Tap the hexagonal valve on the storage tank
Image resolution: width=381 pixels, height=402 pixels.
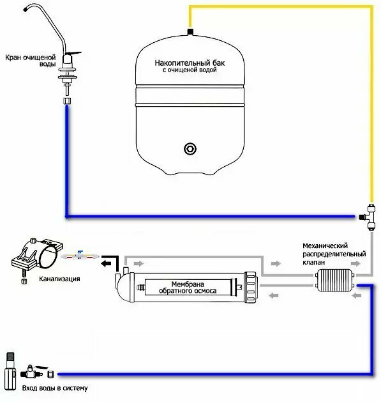click(190, 148)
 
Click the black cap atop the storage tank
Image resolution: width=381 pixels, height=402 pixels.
click(190, 32)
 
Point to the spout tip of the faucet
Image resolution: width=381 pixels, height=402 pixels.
click(26, 9)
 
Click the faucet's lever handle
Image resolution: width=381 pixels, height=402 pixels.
click(75, 54)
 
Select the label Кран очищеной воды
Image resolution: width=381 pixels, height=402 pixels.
click(31, 61)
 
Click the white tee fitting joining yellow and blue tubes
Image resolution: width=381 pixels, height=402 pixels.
click(368, 217)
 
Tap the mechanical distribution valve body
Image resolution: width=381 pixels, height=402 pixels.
click(334, 280)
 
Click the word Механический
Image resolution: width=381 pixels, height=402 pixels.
click(325, 245)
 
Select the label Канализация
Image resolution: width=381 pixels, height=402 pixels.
click(59, 279)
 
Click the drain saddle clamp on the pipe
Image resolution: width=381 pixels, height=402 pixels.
click(36, 254)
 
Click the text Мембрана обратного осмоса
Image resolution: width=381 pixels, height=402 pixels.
click(188, 288)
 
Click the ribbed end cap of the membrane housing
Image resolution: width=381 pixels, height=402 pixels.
click(251, 287)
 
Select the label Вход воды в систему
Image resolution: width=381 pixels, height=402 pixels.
click(55, 388)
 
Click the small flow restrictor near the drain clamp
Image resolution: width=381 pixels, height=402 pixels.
click(80, 256)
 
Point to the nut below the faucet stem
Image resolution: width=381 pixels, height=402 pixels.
click(67, 100)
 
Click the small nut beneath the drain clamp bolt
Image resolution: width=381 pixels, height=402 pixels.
click(24, 281)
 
